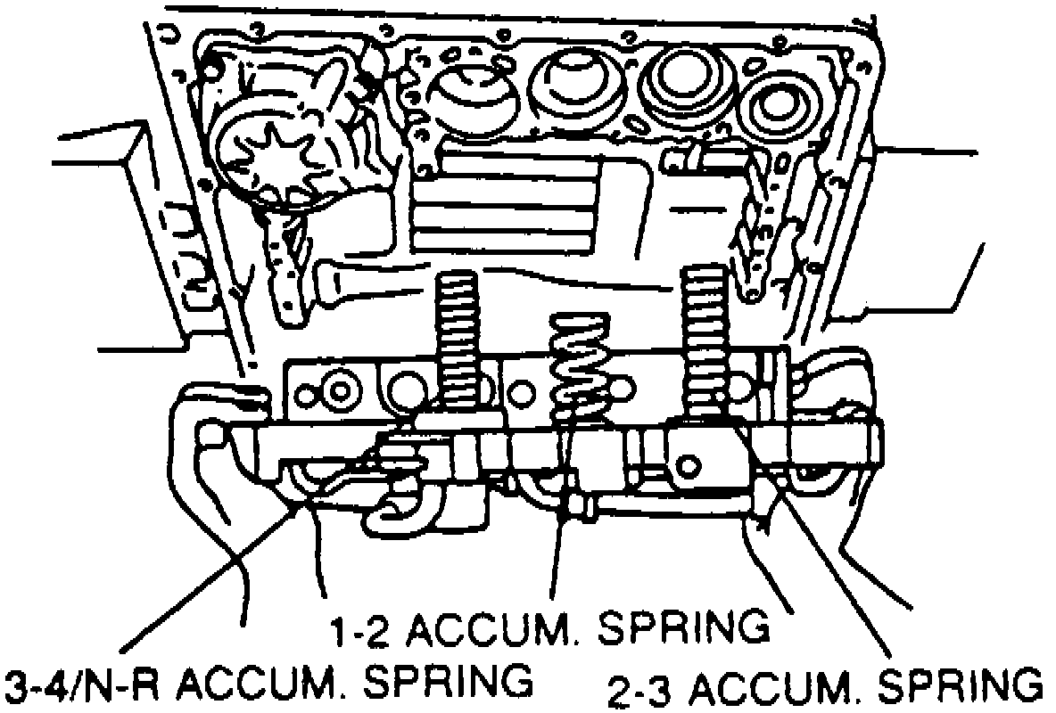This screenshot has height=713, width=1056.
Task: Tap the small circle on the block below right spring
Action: click(x=688, y=463)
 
